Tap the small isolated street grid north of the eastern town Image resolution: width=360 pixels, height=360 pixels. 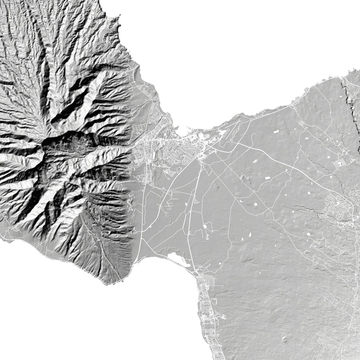(x=339, y=164)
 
